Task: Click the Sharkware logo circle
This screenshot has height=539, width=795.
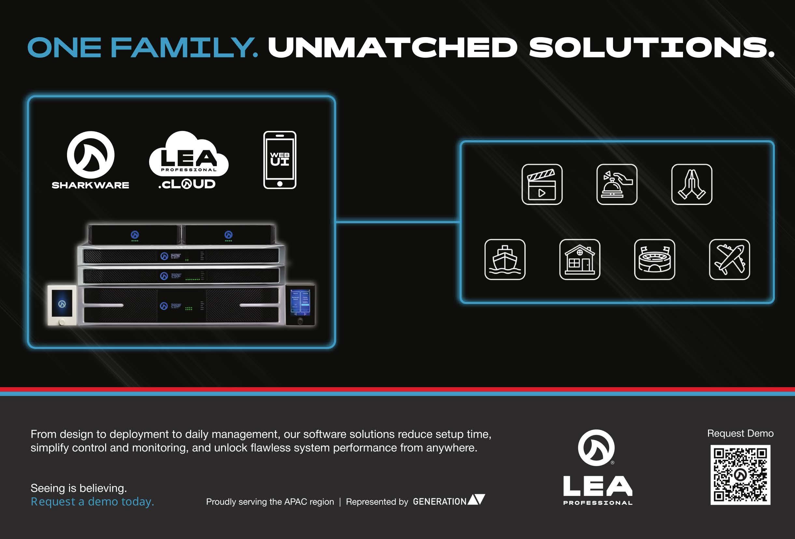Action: (91, 155)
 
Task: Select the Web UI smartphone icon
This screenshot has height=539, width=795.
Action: (280, 160)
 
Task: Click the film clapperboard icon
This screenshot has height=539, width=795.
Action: (542, 184)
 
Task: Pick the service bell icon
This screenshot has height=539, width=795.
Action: (617, 184)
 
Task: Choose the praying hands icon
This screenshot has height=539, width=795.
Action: (692, 184)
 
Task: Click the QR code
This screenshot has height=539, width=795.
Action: (740, 474)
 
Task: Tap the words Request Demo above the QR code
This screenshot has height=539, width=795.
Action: (740, 433)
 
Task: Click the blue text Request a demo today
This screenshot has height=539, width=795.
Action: (92, 502)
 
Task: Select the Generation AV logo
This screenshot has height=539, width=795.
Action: (449, 501)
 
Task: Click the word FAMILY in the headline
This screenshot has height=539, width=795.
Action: (184, 48)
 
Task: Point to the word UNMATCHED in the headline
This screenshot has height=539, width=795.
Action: (393, 48)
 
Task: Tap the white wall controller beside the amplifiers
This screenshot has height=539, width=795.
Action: (62, 305)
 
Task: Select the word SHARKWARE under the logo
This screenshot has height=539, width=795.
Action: (90, 185)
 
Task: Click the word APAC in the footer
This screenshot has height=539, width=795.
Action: (296, 502)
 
